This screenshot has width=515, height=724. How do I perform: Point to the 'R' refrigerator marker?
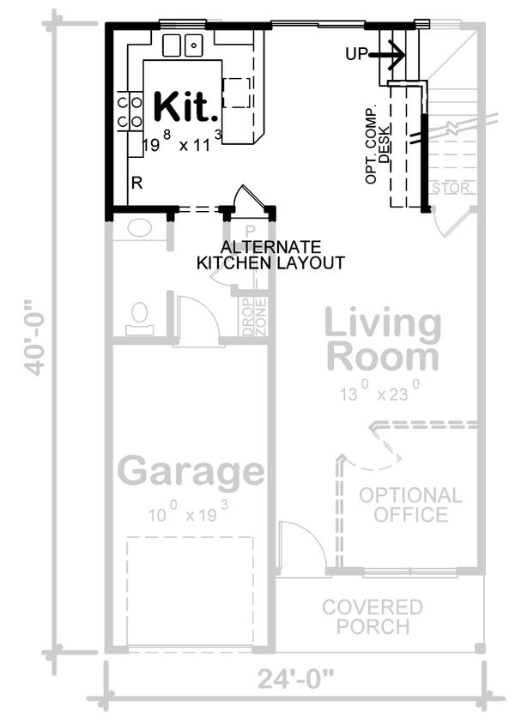[x=136, y=183]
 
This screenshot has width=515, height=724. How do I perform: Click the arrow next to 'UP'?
[x=390, y=55]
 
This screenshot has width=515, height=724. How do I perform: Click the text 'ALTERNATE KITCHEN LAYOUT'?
[x=270, y=254]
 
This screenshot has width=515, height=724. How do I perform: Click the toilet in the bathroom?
[x=138, y=317]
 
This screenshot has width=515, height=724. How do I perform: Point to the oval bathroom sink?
[x=138, y=227]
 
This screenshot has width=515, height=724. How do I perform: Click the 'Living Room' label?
[x=383, y=340]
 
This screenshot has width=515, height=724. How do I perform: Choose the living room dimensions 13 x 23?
[x=378, y=393]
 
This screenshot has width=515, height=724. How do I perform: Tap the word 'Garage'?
[x=191, y=472]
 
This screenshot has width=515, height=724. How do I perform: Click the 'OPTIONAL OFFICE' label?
[x=410, y=504]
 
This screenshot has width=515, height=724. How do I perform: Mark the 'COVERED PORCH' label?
[x=372, y=617]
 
